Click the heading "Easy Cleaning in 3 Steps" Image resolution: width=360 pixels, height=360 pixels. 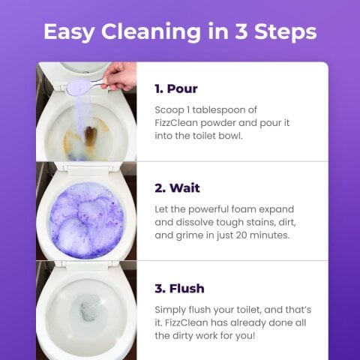click(x=180, y=31)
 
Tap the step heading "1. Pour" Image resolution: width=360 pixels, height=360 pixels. click(x=175, y=88)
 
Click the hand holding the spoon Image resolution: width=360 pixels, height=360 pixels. click(x=120, y=76)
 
